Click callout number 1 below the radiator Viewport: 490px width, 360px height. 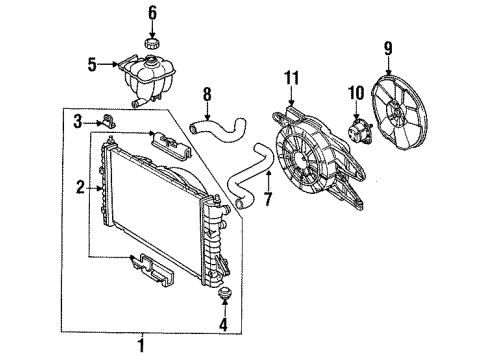tap(142, 346)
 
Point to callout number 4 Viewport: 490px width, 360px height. tap(222, 323)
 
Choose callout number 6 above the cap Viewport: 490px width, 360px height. tap(153, 14)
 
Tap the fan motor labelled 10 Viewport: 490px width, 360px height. tap(358, 133)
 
